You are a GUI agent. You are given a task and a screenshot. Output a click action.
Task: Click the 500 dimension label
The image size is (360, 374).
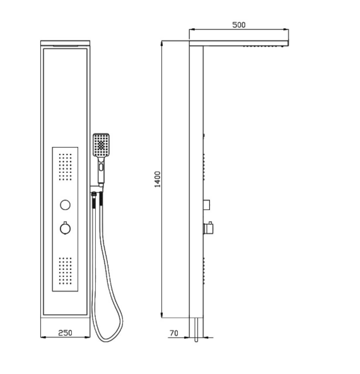point(239,25)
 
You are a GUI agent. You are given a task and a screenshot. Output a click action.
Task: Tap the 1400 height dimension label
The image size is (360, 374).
point(158,179)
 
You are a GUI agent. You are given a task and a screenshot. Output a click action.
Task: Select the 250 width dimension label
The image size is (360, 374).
point(65,333)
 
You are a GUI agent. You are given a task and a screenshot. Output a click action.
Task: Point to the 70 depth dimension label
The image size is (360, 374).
point(174,333)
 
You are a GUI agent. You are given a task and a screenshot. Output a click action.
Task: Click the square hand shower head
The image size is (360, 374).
point(101,145)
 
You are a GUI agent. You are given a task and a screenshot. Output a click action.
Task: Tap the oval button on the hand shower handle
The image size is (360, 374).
point(101,167)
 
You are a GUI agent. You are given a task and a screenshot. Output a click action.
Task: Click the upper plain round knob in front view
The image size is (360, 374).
point(65,205)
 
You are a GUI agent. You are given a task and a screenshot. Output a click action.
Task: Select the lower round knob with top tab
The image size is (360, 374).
point(65,228)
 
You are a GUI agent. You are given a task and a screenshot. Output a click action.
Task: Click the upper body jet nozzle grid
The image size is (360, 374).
point(65,167)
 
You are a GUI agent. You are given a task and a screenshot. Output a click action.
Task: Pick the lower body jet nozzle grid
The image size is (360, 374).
point(65,271)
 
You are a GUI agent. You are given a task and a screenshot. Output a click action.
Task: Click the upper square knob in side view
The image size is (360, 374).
point(207,204)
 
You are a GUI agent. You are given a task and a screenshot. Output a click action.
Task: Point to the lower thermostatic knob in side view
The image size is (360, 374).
point(208,228)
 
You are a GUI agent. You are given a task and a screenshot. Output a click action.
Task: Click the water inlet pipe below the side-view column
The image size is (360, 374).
point(196,330)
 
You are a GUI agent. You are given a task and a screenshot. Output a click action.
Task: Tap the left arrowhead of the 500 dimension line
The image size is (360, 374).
point(192,30)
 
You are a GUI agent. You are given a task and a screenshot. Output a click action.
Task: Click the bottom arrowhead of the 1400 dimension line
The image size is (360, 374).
point(162,315)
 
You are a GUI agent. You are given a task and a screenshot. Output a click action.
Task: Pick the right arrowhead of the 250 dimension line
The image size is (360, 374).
point(87,337)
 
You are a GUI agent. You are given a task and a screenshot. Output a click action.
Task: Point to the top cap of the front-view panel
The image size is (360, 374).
point(66,43)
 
